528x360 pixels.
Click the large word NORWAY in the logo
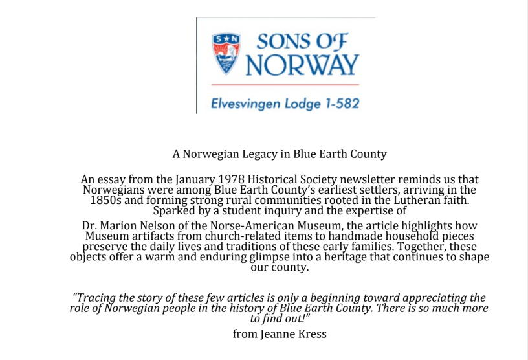[303, 65]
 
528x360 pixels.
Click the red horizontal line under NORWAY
[285, 85]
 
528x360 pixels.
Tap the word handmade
[318, 236]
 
